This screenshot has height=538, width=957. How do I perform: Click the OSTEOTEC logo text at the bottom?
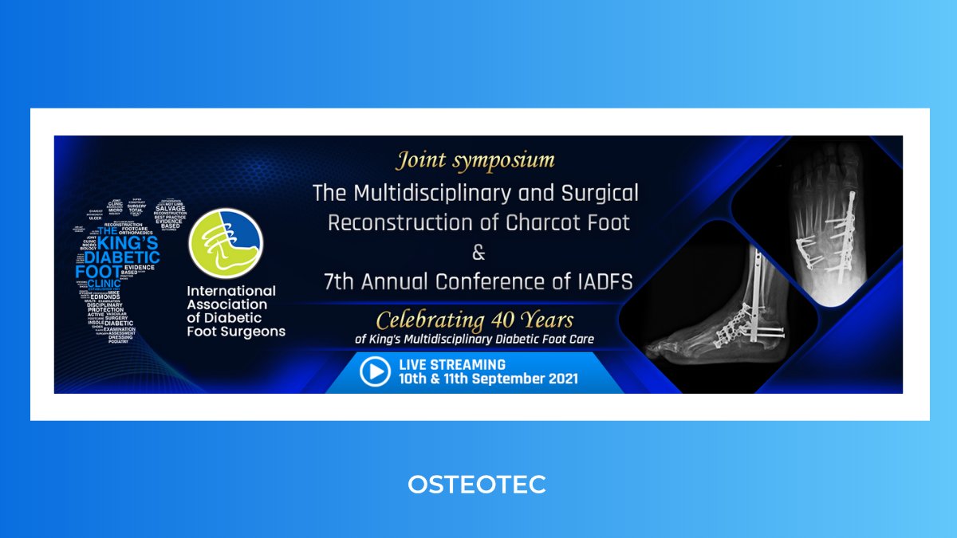477,484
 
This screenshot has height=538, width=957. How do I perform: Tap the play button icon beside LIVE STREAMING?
375,371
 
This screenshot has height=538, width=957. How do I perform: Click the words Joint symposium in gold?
475,160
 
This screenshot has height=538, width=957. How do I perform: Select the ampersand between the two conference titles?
478,253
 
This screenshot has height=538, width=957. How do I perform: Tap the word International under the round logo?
230,291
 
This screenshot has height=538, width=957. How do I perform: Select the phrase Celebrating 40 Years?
475,320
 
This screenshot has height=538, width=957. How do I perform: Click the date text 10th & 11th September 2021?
489,379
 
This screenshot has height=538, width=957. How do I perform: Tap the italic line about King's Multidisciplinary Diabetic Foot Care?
475,340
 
